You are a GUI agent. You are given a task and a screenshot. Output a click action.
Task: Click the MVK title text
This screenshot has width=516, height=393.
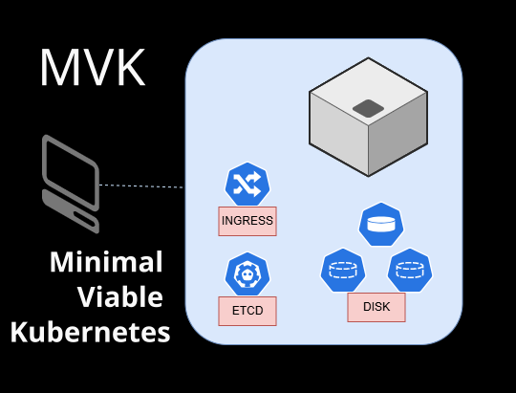pos(93,67)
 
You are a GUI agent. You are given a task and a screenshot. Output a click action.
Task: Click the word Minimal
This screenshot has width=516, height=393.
pos(106,262)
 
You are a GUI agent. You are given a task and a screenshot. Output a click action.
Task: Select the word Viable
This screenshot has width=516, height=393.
pos(119,297)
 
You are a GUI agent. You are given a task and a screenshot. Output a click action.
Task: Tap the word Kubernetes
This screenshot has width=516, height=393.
pos(91,333)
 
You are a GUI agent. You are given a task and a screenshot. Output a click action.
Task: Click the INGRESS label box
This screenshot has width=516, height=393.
pos(247,222)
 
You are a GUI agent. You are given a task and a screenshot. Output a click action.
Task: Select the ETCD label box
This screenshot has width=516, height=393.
pos(247,312)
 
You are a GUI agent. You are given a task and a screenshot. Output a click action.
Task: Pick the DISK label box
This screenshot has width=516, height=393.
pos(376,308)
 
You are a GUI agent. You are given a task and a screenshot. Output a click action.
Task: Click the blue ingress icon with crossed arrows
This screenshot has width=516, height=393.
pos(247,184)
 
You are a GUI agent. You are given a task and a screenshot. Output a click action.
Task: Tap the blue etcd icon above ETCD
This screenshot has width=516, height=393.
pos(247,274)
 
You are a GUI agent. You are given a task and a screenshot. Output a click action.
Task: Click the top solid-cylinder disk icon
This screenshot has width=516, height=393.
pos(379,225)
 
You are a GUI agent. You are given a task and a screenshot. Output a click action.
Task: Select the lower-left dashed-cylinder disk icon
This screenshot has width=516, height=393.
pos(342,270)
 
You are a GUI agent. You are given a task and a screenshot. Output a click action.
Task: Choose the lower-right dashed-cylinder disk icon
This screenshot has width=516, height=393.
pos(410,270)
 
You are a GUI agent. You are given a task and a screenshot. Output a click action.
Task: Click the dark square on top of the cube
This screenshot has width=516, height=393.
pos(368,109)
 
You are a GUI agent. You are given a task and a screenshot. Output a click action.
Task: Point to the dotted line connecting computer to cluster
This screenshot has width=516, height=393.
pos(141,186)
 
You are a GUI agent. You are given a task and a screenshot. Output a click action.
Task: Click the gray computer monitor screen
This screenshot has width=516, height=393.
pos(70,167)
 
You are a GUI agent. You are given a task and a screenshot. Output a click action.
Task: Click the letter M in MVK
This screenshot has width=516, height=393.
pos(59,67)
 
